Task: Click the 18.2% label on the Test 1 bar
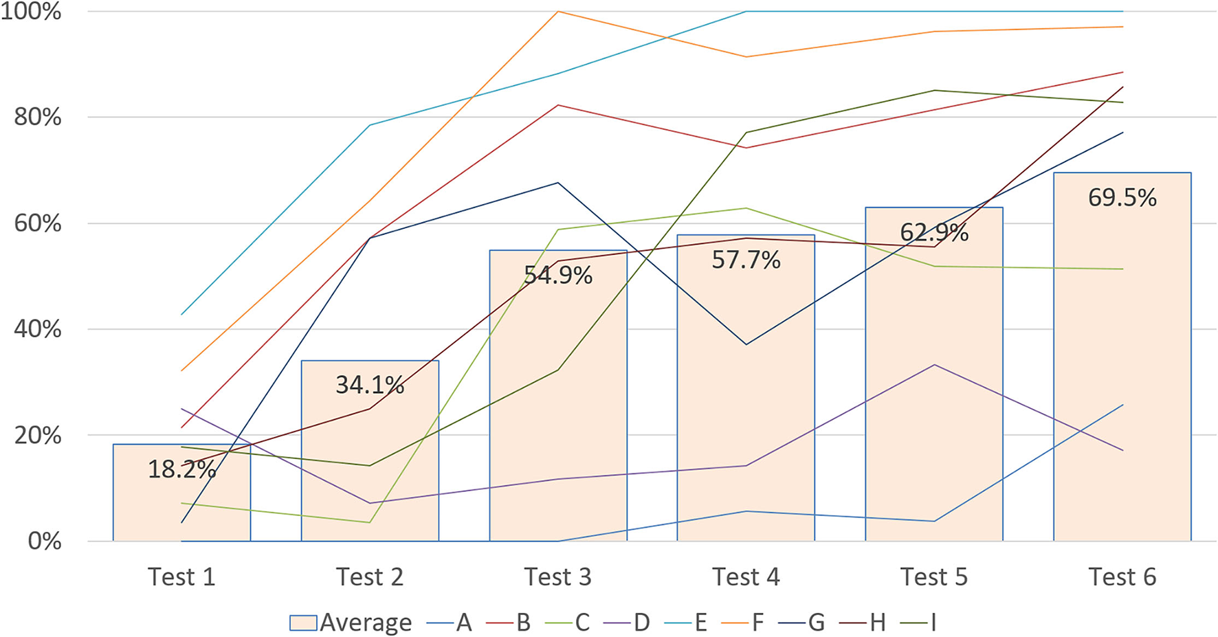(x=181, y=469)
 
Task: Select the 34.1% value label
(x=370, y=385)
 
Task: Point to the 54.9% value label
(x=558, y=276)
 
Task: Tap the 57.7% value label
(x=746, y=260)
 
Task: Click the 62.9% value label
(x=934, y=233)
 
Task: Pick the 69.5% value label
(x=1122, y=198)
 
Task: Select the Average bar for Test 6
(x=1122, y=357)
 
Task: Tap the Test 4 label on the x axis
(x=746, y=577)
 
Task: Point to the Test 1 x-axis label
(x=181, y=577)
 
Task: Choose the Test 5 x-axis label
(x=934, y=577)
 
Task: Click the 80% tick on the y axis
(x=38, y=118)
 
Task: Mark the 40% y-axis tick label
(x=38, y=329)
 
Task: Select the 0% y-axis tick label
(x=45, y=541)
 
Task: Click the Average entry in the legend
(x=351, y=623)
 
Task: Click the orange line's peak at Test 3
(x=558, y=12)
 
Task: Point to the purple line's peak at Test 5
(x=934, y=365)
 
